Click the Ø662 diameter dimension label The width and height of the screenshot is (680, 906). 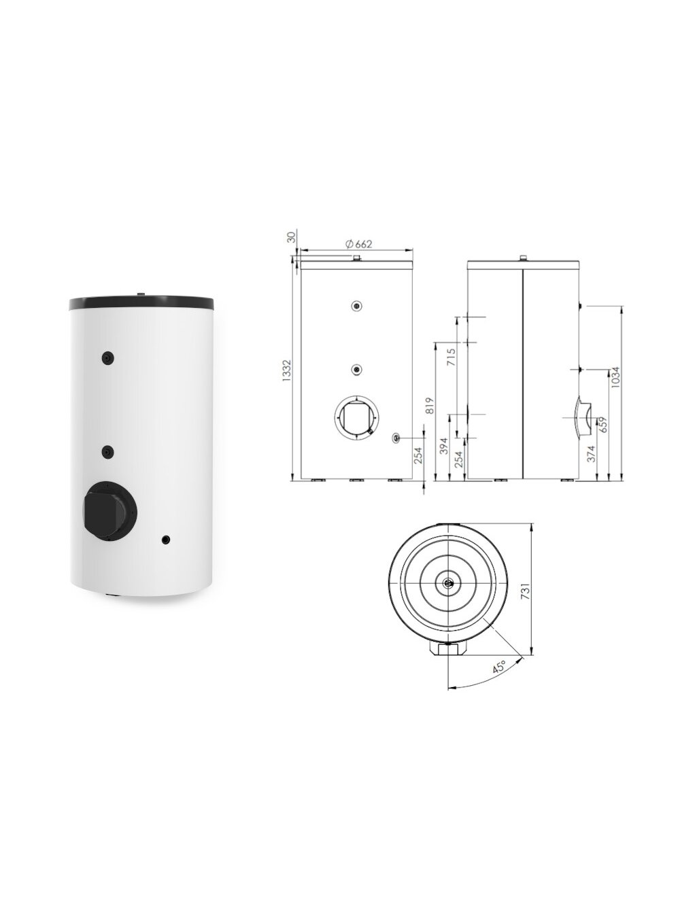358,244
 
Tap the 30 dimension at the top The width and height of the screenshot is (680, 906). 292,237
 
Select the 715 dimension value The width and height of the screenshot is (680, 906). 451,357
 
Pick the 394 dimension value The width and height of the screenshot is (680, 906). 444,447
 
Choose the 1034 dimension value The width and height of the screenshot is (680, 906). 615,377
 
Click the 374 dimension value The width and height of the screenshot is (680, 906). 592,453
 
